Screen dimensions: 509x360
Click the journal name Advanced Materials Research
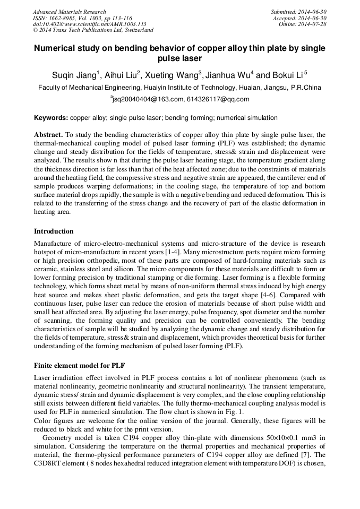(69, 12)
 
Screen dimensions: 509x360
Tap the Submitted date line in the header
(298, 12)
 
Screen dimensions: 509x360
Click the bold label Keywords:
(51, 118)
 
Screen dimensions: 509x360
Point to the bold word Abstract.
(48, 135)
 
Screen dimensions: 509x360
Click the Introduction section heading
(54, 231)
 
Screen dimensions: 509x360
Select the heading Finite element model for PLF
(79, 366)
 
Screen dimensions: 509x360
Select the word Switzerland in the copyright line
(127, 30)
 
